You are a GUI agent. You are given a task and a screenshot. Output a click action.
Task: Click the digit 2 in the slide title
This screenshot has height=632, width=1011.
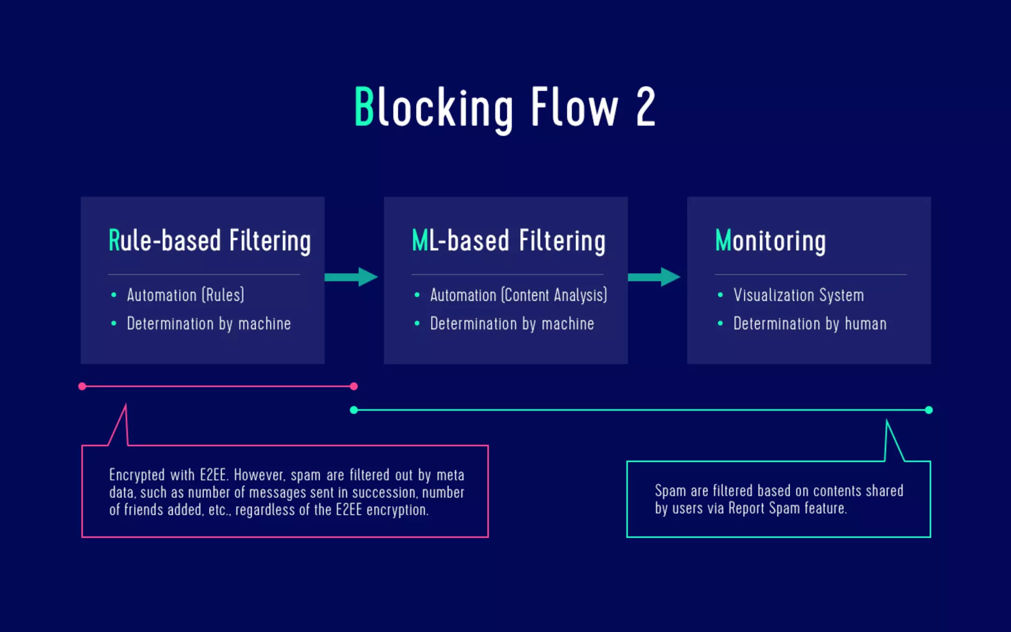point(646,107)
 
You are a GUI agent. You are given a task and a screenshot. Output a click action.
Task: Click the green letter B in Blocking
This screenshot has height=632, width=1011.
point(364,107)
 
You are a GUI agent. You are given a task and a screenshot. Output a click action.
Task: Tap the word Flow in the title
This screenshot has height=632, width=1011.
point(574,107)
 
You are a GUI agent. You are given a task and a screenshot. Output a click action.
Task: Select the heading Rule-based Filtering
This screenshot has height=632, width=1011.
point(209,241)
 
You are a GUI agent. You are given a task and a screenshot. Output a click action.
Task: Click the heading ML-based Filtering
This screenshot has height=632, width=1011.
point(508,241)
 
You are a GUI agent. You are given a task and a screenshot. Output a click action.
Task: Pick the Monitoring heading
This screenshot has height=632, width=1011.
point(770,241)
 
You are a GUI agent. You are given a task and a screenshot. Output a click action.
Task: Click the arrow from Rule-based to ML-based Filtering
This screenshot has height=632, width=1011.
point(351,277)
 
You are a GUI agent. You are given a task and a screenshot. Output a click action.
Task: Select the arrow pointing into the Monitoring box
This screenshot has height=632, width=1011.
point(654,277)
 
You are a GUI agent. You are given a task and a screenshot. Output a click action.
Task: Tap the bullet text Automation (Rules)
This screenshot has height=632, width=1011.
point(185,295)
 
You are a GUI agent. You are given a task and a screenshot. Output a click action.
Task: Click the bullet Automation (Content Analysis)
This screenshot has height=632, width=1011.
point(518,295)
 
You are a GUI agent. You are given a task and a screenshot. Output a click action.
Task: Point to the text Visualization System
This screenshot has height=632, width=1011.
point(798,295)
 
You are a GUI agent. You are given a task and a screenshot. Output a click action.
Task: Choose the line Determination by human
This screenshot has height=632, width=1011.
point(810,324)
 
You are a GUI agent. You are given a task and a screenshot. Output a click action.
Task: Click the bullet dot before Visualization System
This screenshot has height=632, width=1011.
point(720,295)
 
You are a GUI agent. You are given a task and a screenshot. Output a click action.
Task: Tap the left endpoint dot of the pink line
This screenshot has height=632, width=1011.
point(82,387)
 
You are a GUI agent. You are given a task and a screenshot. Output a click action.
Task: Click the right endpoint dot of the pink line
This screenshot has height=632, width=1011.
point(353,387)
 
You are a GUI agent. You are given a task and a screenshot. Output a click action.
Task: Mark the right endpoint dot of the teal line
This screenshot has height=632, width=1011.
point(929,410)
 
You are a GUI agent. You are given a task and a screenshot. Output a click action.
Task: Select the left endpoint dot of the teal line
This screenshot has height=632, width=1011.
point(353,410)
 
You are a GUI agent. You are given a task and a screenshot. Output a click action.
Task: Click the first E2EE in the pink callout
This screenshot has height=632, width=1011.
point(213,475)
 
